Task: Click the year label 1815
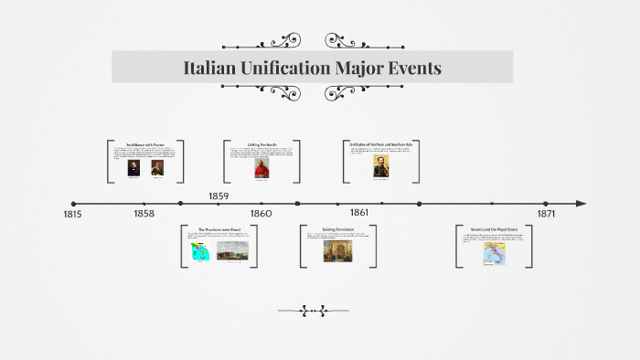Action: pos(72,215)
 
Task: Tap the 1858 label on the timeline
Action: pos(144,213)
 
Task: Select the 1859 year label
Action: pos(219,196)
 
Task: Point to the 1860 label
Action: pos(261,213)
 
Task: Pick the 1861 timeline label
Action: pos(359,212)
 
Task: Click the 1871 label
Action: pos(546,213)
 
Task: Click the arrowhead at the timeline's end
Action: pos(581,204)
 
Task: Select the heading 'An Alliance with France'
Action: pos(145,144)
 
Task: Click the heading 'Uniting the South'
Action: pos(261,144)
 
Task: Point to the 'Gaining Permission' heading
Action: pos(337,228)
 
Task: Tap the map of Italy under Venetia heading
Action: pos(494,253)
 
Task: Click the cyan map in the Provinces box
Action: pos(200,252)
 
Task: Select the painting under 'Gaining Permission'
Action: pos(337,251)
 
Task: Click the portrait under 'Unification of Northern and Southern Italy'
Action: pos(379,165)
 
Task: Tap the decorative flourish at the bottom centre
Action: pos(319,311)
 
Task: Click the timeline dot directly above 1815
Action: pos(73,204)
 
